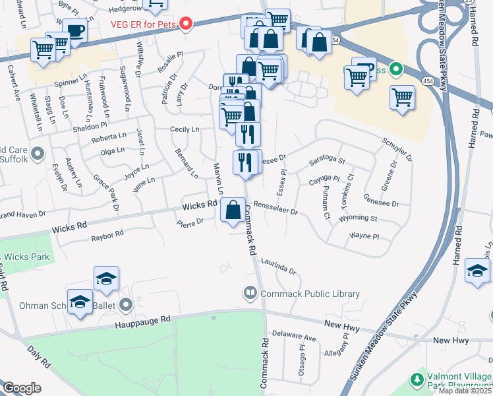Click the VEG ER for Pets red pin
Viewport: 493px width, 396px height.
tap(185, 24)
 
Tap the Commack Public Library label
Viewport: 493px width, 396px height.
tap(310, 294)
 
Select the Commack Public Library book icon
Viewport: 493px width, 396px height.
tap(250, 292)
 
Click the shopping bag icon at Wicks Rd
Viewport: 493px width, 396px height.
tap(233, 211)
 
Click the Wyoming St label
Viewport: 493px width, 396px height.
tap(358, 218)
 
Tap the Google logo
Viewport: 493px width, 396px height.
tap(21, 388)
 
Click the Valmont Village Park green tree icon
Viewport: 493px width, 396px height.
tap(416, 379)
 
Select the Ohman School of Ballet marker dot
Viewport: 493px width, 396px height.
tap(127, 305)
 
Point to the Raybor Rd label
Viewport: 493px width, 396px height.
tap(107, 234)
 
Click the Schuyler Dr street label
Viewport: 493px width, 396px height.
tap(397, 150)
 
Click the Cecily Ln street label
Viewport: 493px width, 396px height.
tap(185, 129)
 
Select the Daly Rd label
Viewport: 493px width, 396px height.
tap(39, 356)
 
